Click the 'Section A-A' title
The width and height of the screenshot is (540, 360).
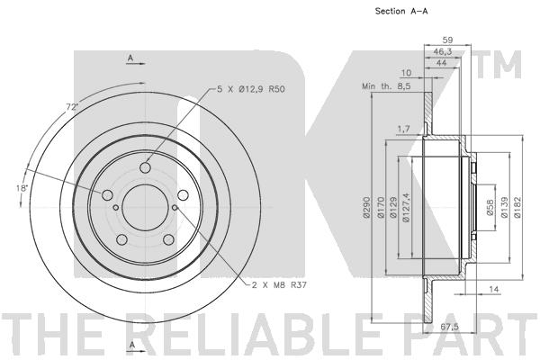point(401,11)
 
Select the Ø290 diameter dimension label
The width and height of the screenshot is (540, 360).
point(366,207)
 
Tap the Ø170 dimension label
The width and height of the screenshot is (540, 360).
point(381,207)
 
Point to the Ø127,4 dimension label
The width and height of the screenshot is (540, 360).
point(406,207)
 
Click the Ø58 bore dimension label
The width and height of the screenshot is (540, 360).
point(490,207)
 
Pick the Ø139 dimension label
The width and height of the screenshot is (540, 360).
point(505,207)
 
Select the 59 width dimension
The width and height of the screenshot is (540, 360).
point(447,40)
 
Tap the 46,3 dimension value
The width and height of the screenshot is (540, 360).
point(443,51)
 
